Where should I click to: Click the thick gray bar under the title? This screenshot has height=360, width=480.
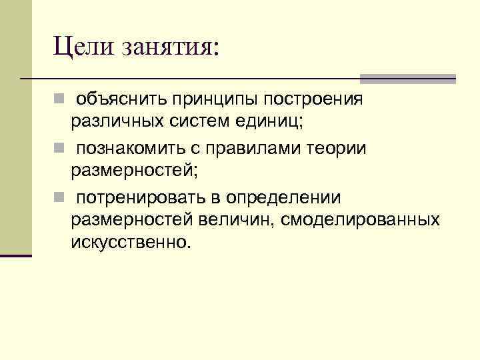coord(407,79)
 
